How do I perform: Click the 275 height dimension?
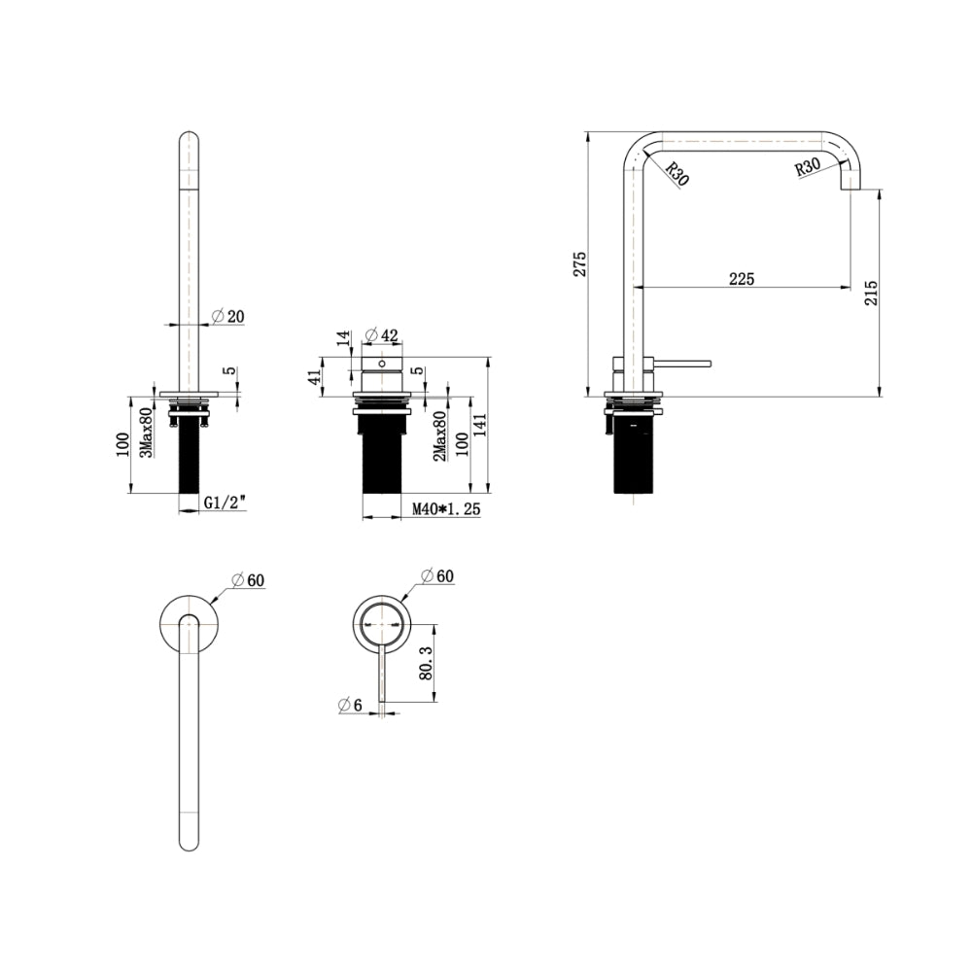(579, 264)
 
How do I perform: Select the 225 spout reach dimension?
(742, 279)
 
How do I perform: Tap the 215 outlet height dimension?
(871, 293)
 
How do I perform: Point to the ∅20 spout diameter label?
(228, 316)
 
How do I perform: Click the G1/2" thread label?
(225, 503)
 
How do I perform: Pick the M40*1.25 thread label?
(446, 509)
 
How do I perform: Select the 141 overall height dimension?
(480, 426)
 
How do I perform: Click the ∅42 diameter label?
(381, 335)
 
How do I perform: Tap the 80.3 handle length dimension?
(426, 663)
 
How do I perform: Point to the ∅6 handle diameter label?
(350, 705)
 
